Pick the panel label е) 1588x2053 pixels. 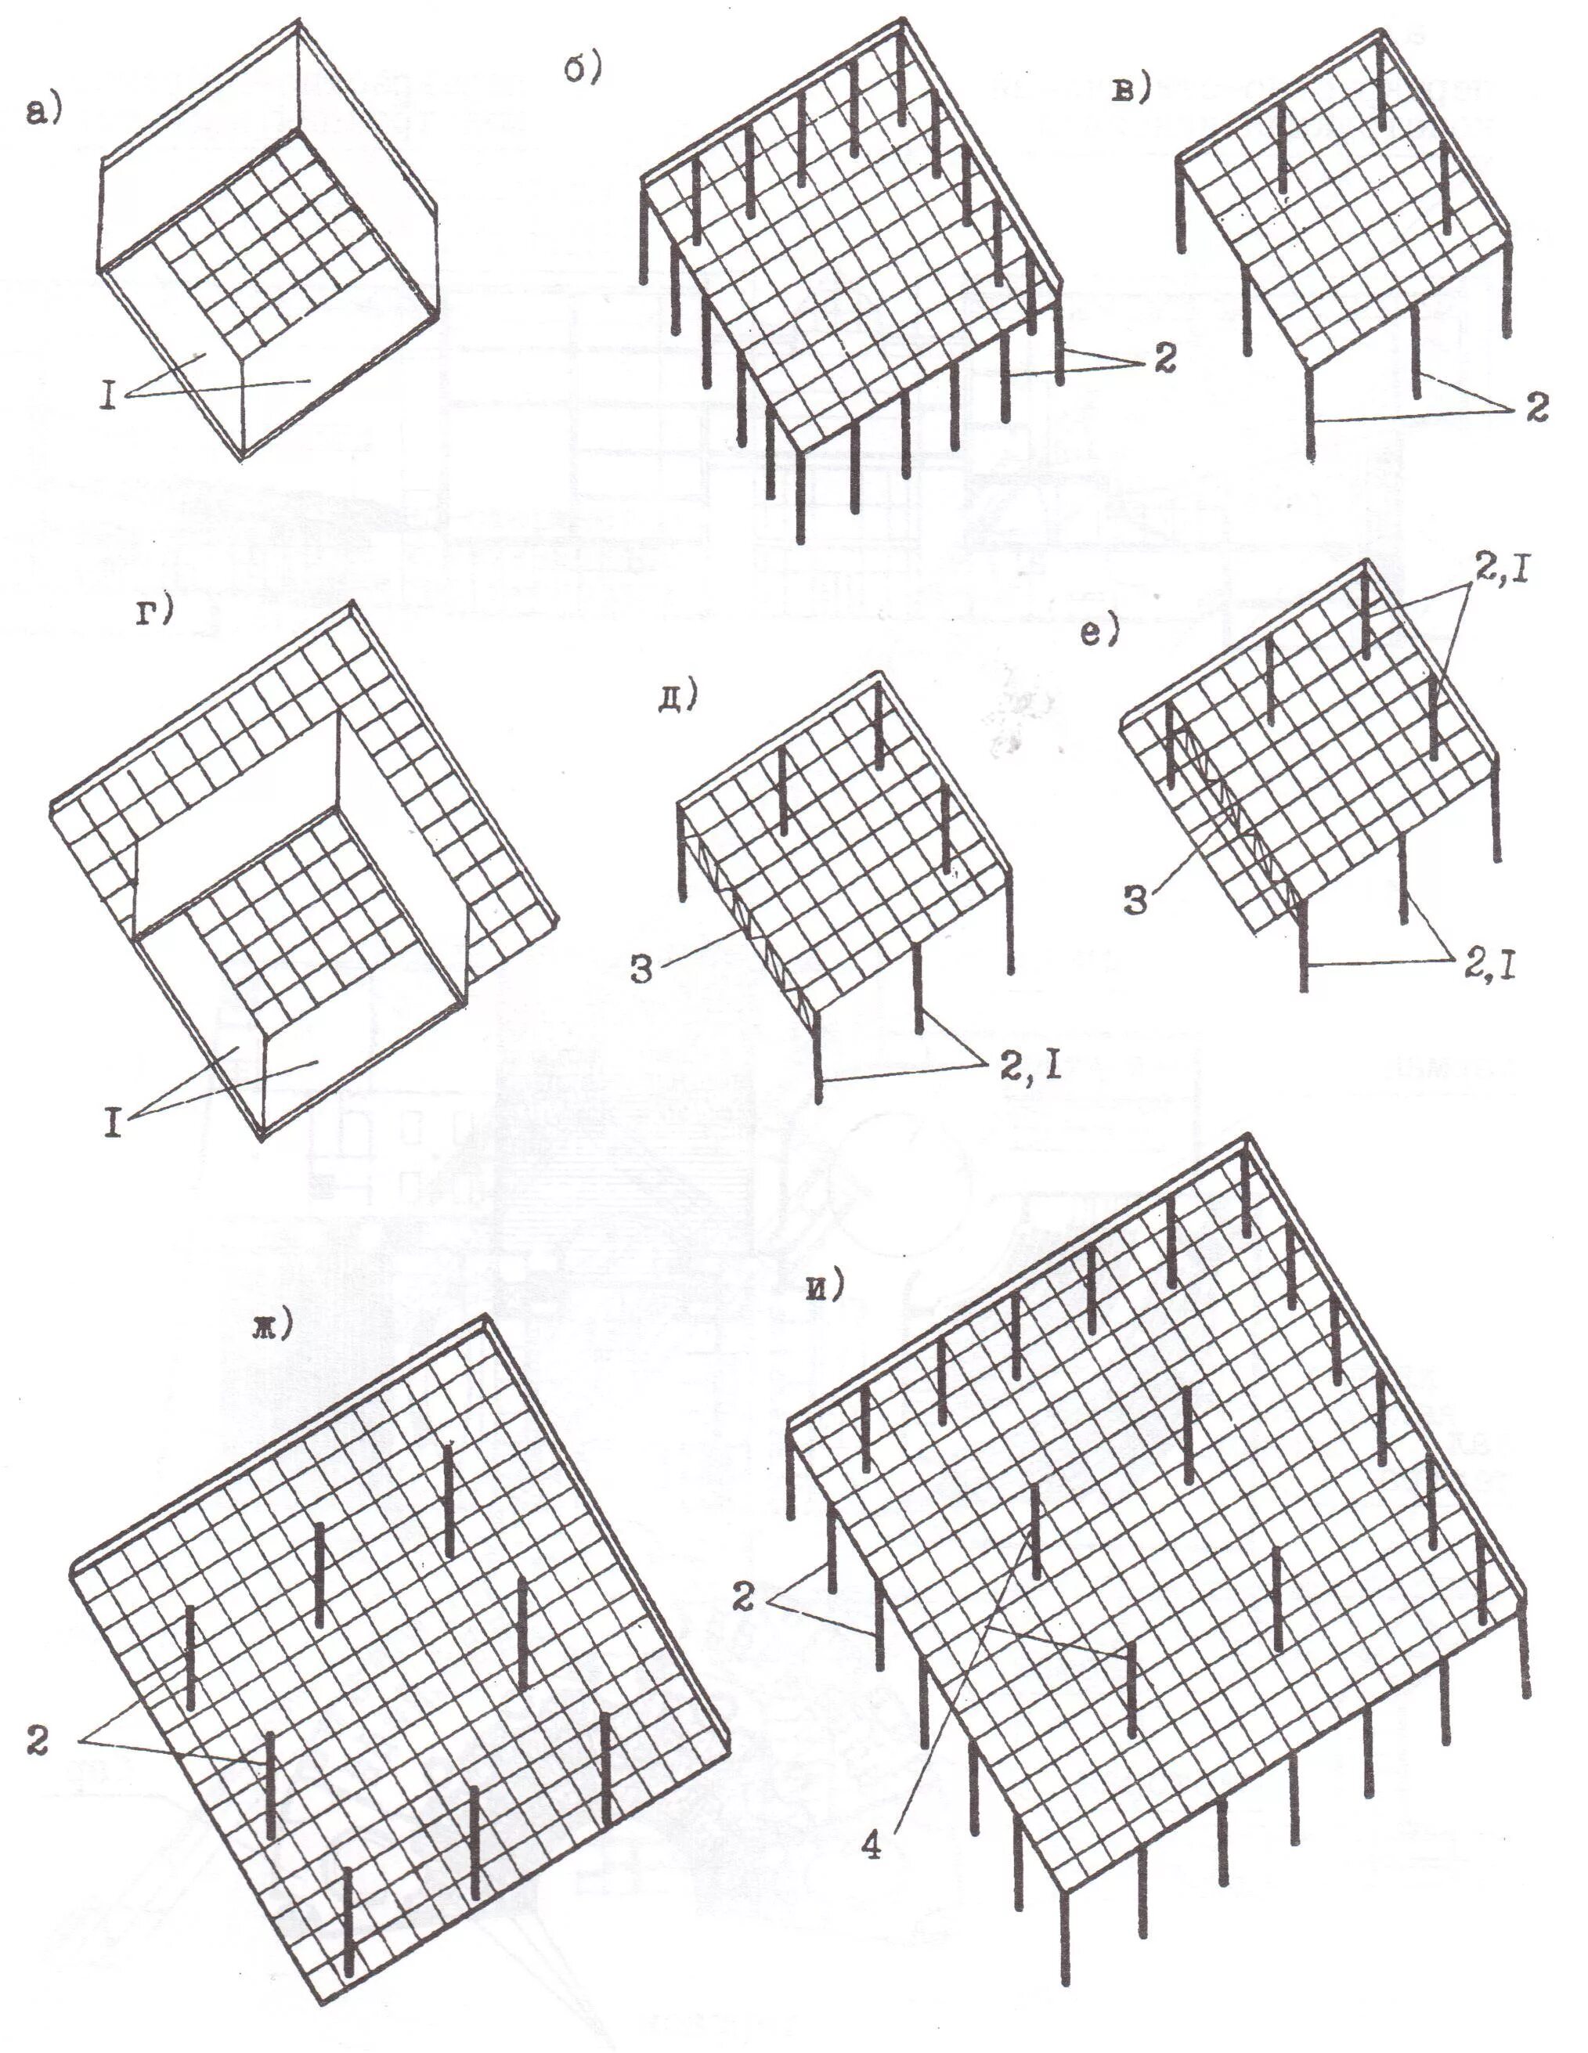[x=1100, y=633]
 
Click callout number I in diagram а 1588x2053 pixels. [x=109, y=398]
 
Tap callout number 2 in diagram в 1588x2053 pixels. [x=1536, y=407]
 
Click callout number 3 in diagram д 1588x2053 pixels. [x=641, y=969]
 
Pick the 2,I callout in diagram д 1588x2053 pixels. [x=1029, y=1066]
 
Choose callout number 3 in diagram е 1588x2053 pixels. [x=1135, y=900]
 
